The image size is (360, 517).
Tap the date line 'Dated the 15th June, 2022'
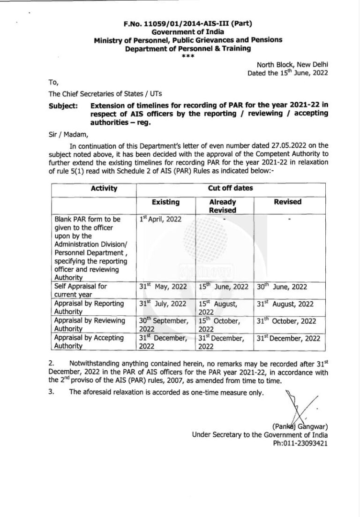pos(288,73)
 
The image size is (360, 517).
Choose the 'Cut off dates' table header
pos(230,189)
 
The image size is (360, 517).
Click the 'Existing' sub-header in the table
pos(166,202)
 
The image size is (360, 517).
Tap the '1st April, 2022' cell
pos(159,219)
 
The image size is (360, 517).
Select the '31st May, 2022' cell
pos(163,287)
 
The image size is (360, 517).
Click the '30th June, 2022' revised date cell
pos(282,287)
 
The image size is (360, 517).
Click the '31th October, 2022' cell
pos(286,321)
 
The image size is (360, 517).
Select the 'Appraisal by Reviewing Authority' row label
pos(90,325)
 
